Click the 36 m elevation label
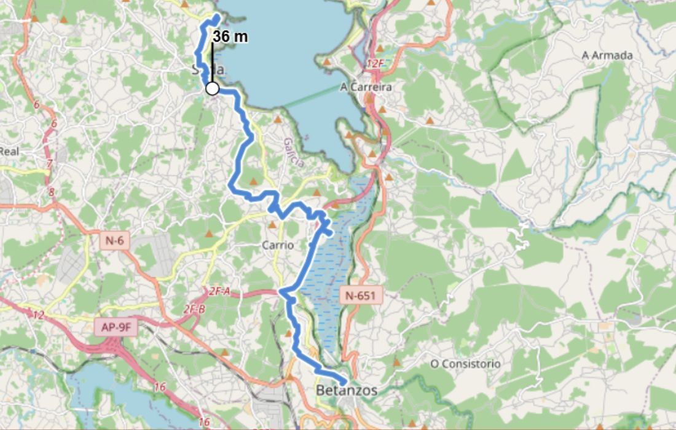(x=230, y=37)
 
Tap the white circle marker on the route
(x=212, y=88)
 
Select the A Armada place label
(x=607, y=55)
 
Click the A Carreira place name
(x=366, y=87)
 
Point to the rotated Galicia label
(x=294, y=152)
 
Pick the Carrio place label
(x=278, y=244)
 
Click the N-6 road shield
(x=114, y=241)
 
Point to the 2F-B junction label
(x=194, y=310)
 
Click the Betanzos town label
(x=347, y=390)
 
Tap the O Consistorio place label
(x=465, y=364)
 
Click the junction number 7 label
(x=49, y=165)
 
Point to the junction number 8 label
(x=51, y=192)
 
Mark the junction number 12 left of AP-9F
(x=38, y=315)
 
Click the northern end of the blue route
(x=218, y=15)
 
